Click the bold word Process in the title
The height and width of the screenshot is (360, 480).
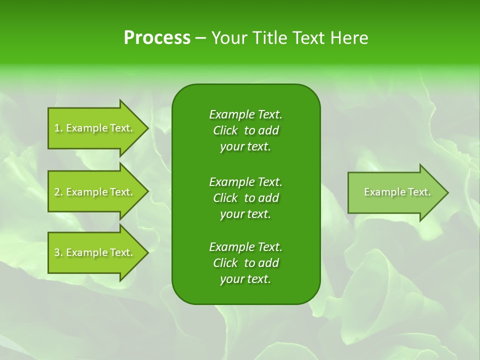(x=157, y=38)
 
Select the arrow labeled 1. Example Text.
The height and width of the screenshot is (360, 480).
(x=95, y=128)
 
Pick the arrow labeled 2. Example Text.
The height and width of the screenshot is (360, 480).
(x=95, y=192)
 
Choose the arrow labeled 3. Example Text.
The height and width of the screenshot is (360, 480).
(x=95, y=252)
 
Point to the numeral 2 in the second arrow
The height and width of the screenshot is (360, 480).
(x=57, y=192)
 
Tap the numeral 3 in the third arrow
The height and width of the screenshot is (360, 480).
(x=57, y=252)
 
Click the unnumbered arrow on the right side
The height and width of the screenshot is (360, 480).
(x=395, y=192)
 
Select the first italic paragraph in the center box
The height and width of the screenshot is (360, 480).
(x=245, y=130)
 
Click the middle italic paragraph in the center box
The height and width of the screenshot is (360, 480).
(x=245, y=197)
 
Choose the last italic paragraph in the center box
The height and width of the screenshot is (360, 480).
(x=245, y=263)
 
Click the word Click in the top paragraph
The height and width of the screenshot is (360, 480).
(x=225, y=130)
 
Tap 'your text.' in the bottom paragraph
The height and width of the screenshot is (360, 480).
(x=245, y=279)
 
